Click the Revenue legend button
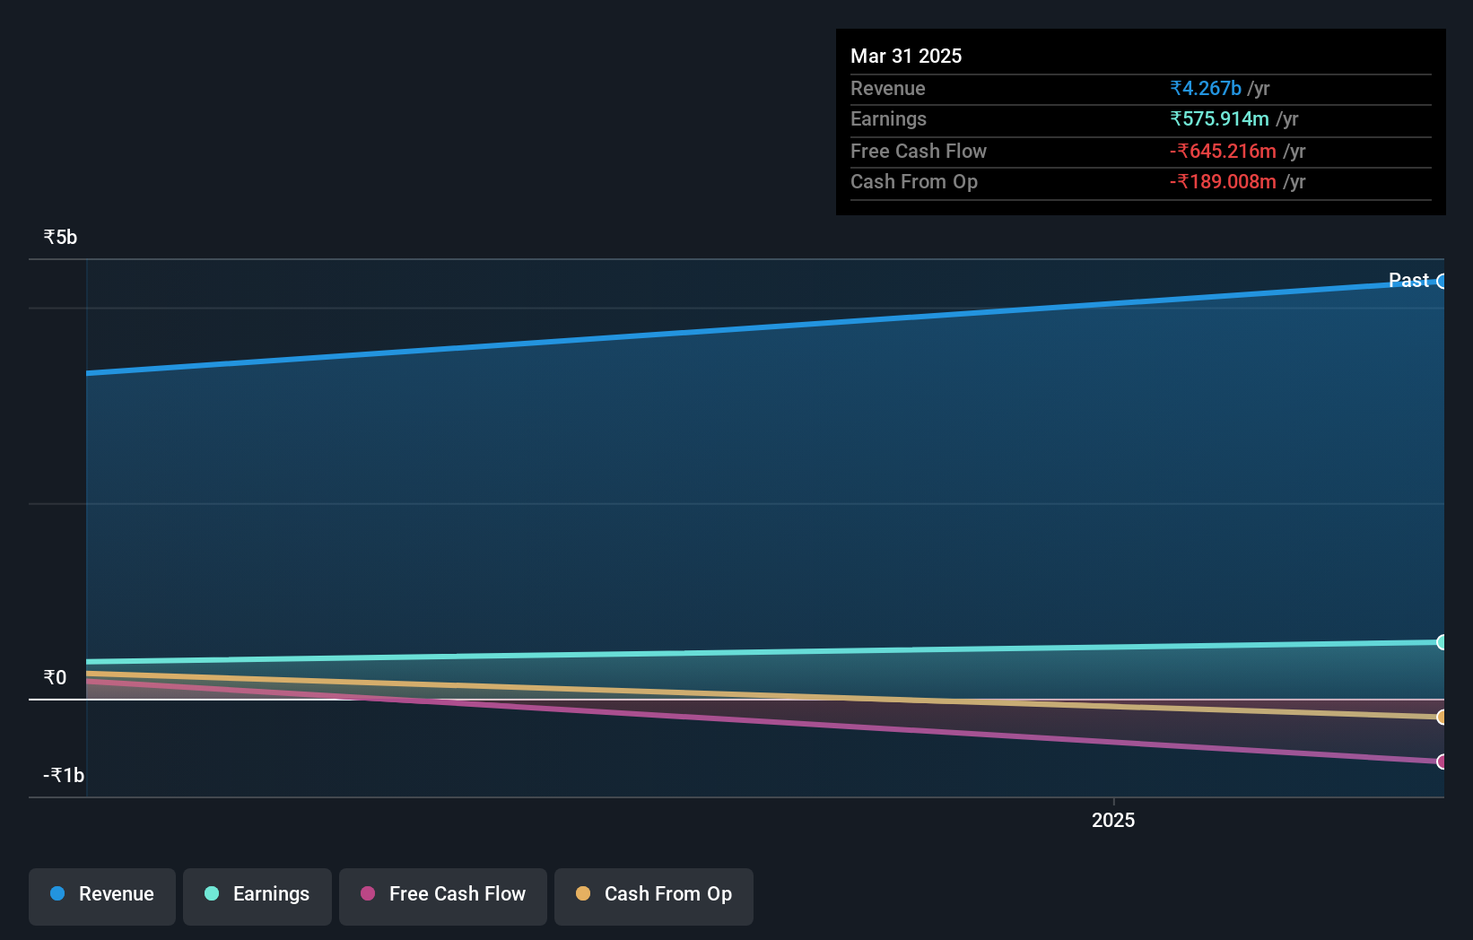(x=102, y=895)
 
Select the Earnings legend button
(x=257, y=895)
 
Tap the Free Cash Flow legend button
(x=443, y=895)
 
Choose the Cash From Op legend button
(x=654, y=895)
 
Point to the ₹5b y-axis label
(x=60, y=238)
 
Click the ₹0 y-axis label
(x=55, y=678)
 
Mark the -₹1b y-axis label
(x=64, y=776)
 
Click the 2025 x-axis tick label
(x=1113, y=821)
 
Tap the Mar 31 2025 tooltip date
(x=906, y=57)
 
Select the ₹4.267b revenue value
(x=1206, y=89)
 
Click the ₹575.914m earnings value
(x=1219, y=119)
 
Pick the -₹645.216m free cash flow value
(x=1223, y=152)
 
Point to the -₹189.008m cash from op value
(x=1223, y=182)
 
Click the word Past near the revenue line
(x=1408, y=281)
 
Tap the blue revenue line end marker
(x=1442, y=282)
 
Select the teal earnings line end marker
(x=1442, y=642)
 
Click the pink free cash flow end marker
(x=1442, y=762)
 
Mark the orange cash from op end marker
(x=1442, y=717)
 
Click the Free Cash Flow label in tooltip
(x=919, y=152)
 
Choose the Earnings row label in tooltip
(x=888, y=119)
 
